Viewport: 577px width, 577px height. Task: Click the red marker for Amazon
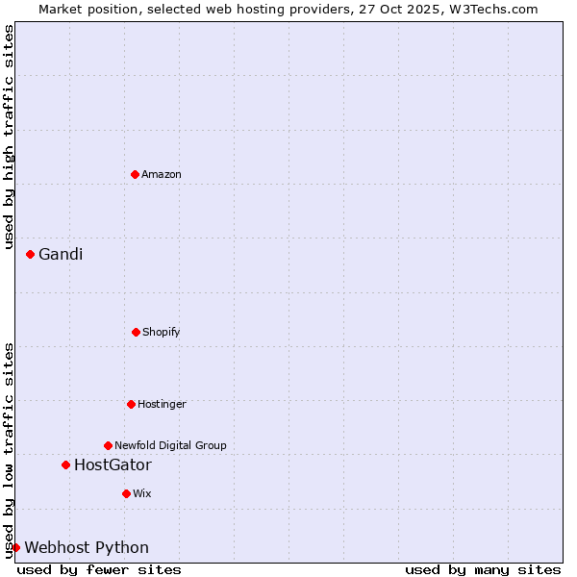[135, 174]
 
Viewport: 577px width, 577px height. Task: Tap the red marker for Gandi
[30, 254]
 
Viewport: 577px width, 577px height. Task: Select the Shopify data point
[136, 332]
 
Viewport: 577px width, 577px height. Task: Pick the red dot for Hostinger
[131, 404]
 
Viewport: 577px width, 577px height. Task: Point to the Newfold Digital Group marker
[108, 445]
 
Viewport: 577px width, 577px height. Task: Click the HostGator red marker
[65, 464]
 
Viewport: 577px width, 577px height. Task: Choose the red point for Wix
[126, 493]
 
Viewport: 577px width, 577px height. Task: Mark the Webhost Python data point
[15, 547]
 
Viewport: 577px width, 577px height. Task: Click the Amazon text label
[162, 174]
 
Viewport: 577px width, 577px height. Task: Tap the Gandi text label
[61, 254]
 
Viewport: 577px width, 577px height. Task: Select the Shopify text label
[162, 332]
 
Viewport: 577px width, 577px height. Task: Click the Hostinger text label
[162, 404]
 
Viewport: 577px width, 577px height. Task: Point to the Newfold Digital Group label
[170, 445]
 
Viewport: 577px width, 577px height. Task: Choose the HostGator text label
[113, 464]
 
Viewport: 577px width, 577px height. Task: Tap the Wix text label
[142, 493]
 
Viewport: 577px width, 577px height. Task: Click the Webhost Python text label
[87, 547]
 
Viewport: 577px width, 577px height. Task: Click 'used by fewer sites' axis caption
[99, 569]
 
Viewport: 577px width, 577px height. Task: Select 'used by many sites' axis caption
[483, 569]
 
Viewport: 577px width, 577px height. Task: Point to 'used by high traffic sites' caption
[9, 137]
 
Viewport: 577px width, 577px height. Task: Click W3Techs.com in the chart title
[490, 9]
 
